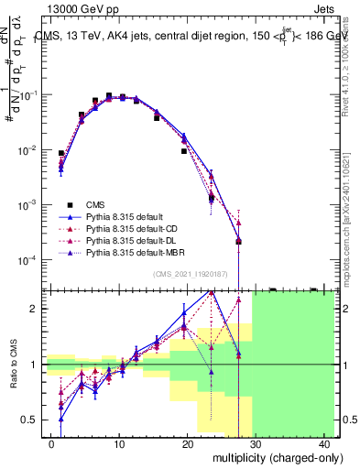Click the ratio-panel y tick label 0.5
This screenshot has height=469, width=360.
30,420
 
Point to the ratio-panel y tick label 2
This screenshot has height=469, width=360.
35,309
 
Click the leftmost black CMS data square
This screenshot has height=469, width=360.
61,154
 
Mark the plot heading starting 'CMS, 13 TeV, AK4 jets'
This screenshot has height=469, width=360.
192,35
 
